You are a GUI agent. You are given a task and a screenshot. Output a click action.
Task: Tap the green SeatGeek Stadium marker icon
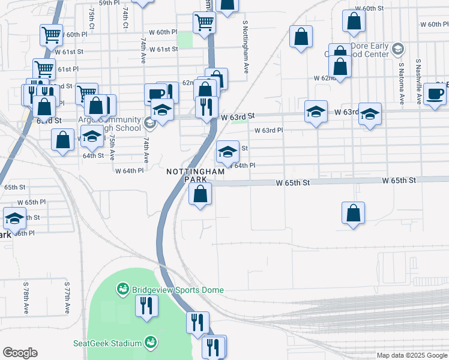[150, 343]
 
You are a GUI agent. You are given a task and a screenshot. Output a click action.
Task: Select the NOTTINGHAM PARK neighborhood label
[196, 175]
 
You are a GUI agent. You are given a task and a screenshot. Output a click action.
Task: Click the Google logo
[20, 353]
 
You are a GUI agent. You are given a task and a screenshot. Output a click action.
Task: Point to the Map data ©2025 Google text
[411, 355]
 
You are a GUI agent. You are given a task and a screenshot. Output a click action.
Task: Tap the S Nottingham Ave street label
[246, 47]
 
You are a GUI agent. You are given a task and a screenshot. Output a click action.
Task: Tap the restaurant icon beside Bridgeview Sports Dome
[146, 307]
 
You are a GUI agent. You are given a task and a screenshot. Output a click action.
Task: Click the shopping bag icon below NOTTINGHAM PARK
[200, 194]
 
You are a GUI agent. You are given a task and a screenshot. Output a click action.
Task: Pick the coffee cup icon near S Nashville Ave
[435, 94]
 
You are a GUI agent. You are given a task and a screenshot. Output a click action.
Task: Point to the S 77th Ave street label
[66, 299]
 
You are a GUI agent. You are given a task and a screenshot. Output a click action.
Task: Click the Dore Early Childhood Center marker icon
[397, 48]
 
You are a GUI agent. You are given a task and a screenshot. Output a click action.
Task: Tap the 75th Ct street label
[91, 17]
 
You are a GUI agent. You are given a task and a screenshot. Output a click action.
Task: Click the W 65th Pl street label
[32, 202]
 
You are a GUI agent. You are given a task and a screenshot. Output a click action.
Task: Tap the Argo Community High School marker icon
[150, 124]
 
